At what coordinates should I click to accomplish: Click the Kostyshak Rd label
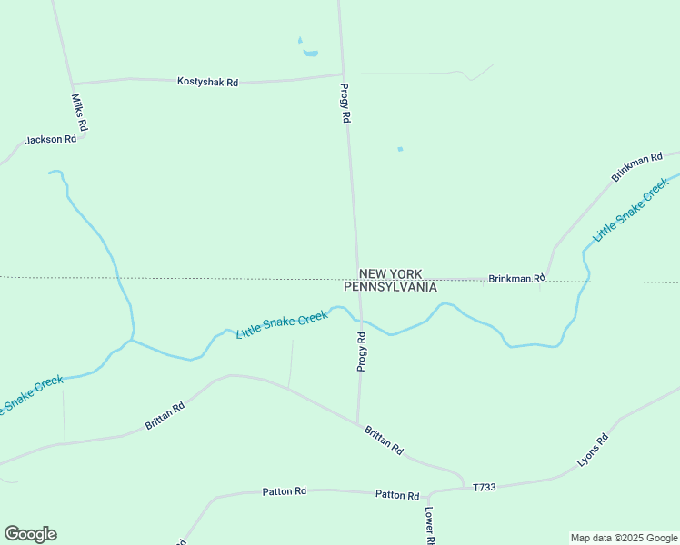click(207, 82)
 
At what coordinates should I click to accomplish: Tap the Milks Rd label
click(79, 113)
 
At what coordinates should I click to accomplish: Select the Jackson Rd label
click(50, 139)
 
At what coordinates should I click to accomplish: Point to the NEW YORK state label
click(390, 273)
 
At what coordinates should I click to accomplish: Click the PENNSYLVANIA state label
click(390, 287)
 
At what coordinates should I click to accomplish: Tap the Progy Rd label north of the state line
click(345, 103)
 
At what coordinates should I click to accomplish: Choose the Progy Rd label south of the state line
click(362, 352)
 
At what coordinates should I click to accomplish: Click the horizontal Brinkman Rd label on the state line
click(515, 278)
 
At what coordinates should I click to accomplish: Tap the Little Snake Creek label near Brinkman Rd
click(630, 210)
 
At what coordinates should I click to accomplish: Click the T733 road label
click(485, 488)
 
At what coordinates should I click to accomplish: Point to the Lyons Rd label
click(592, 451)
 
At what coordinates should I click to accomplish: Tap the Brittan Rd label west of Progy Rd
click(165, 416)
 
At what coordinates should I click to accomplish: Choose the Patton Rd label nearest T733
click(397, 495)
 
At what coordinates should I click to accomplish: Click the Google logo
click(30, 534)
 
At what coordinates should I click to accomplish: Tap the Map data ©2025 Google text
click(625, 538)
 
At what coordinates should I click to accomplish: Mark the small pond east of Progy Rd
click(400, 149)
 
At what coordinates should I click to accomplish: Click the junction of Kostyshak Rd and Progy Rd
click(342, 74)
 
